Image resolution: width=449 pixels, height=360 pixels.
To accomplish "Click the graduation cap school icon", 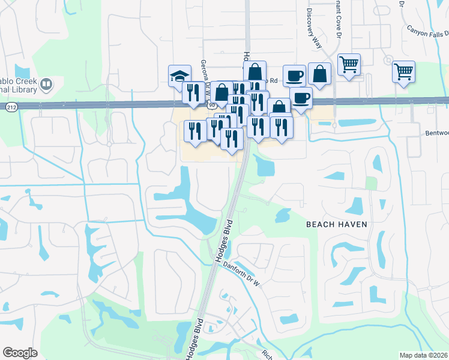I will click(x=179, y=76).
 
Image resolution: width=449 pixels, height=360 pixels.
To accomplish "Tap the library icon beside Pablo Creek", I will click(x=46, y=83).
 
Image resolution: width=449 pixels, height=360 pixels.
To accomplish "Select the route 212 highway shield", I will click(x=11, y=107).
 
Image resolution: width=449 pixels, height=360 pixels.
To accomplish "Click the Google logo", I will click(x=20, y=353).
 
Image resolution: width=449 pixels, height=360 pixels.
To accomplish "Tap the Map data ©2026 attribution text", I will click(x=423, y=355).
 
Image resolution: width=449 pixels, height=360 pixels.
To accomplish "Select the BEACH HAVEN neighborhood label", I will click(x=336, y=224).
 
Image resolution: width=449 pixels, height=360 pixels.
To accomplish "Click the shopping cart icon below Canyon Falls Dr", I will click(x=403, y=71).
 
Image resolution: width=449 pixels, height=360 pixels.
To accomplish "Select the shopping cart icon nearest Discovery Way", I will click(x=349, y=64).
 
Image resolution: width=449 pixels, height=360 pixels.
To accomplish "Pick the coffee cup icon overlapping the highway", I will click(x=301, y=97).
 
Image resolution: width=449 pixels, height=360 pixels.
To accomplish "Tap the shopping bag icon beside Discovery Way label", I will click(x=319, y=74).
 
